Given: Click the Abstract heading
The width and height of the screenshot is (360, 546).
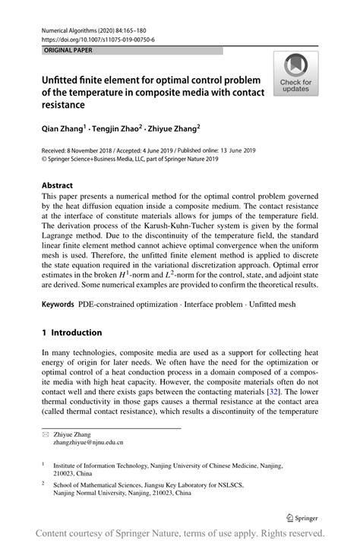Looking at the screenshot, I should click(58, 185).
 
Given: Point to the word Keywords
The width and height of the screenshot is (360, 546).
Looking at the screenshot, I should click(58, 304).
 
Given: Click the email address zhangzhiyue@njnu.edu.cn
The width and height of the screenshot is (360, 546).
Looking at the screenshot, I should click(89, 441).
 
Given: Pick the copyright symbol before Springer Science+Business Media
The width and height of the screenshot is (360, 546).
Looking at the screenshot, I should click(45, 160).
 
